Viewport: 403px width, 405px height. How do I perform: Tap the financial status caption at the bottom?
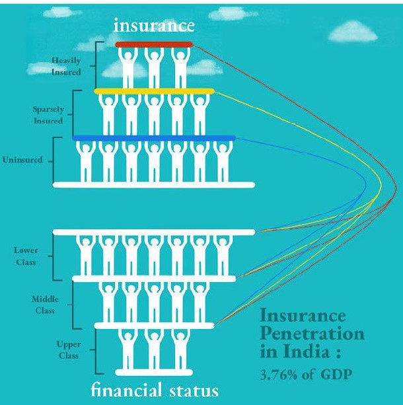pos(154,390)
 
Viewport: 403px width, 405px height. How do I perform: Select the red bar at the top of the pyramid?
pos(154,44)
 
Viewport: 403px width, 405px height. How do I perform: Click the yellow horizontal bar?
pos(155,91)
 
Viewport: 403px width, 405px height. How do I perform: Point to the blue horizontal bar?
pos(154,137)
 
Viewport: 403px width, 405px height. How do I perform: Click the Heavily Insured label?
pos(67,66)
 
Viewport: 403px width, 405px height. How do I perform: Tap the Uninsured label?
pos(24,161)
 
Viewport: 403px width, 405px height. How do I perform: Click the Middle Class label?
pos(44,304)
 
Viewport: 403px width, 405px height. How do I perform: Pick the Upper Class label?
pos(67,350)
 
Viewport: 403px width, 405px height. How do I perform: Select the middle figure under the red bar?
pos(154,66)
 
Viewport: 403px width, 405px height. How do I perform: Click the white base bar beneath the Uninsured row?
pos(154,184)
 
